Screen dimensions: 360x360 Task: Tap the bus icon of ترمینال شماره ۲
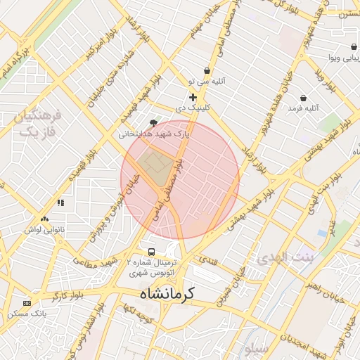click(x=150, y=252)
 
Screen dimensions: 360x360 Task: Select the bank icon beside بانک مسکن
click(x=27, y=302)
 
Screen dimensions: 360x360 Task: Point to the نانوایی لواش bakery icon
click(x=45, y=220)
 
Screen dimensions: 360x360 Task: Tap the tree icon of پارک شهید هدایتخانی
click(x=154, y=122)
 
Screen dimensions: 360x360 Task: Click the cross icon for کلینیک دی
click(x=193, y=97)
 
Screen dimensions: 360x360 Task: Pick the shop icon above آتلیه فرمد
click(x=302, y=98)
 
